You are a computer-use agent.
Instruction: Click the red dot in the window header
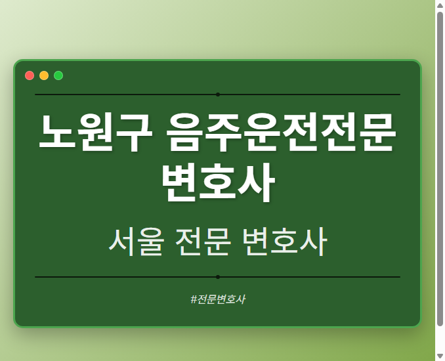pos(30,75)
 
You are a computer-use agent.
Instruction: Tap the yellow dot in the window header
pos(44,75)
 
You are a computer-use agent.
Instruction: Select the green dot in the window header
pos(58,75)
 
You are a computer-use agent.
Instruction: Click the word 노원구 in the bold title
pos(93,134)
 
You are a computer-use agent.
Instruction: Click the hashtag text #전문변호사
pos(217,299)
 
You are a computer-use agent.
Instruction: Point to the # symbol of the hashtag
pos(194,299)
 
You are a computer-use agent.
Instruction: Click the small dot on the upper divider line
pos(217,95)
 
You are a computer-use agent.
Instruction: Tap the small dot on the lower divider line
pos(217,277)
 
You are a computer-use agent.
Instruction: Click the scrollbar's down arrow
pos(440,356)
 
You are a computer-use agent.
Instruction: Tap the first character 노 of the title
pos(56,134)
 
